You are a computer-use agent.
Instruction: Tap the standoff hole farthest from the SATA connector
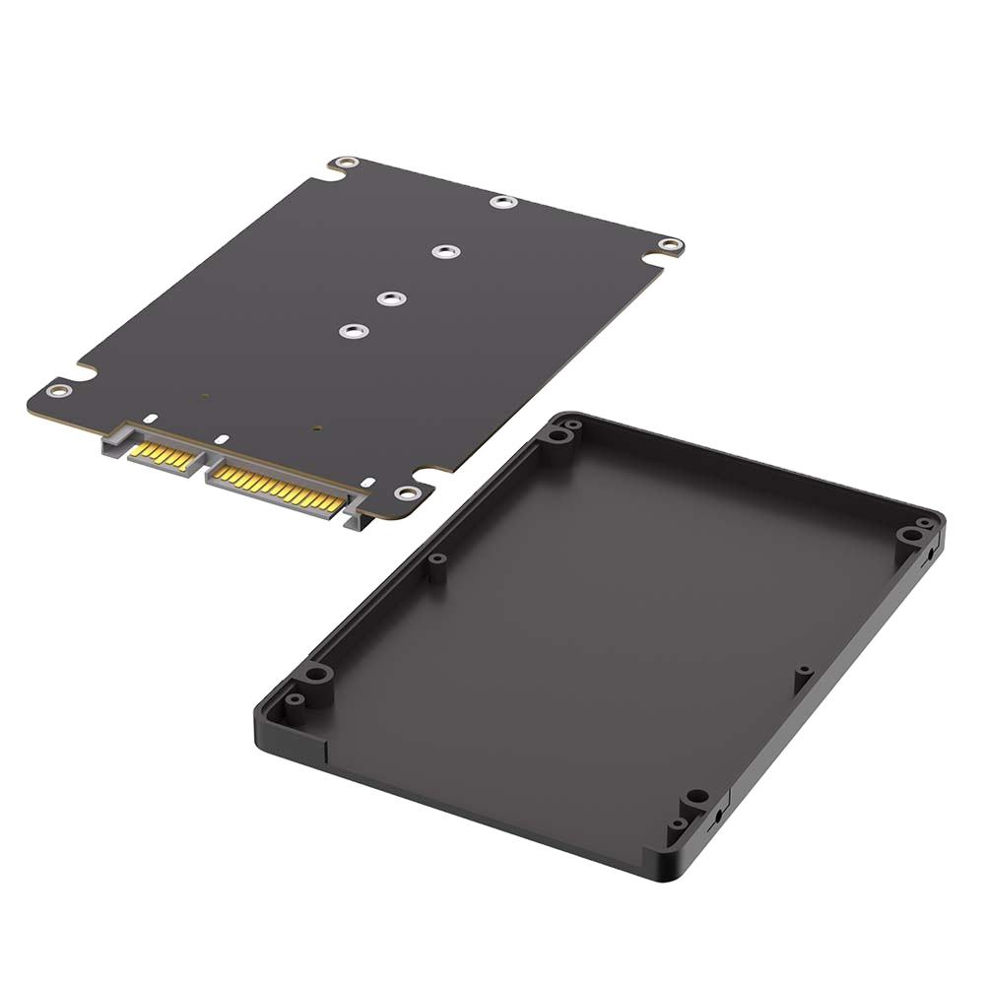[503, 202]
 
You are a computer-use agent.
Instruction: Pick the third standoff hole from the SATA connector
[445, 252]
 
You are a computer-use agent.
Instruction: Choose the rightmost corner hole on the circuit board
[671, 245]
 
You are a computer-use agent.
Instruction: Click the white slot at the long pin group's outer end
[366, 483]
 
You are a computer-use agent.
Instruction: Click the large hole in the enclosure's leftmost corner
[315, 675]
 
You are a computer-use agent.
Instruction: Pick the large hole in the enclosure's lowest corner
[695, 796]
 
